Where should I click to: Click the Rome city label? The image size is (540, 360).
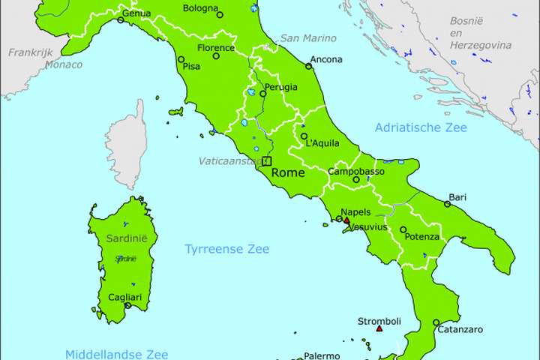pos(288,172)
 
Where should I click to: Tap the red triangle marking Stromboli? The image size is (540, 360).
pos(379,328)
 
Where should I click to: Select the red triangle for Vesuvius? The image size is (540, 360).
pos(346,220)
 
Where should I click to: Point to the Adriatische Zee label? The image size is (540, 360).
pos(420,127)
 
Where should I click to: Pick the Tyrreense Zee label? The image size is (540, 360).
pos(226,249)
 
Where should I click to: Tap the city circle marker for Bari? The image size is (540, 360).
pos(447,204)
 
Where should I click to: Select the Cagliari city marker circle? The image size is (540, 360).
pos(127,306)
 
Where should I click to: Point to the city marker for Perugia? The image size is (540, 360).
pos(263,94)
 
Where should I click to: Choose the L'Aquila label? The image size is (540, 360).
pos(322,143)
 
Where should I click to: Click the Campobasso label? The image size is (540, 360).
pos(356,172)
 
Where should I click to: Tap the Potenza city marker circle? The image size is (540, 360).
pos(403,230)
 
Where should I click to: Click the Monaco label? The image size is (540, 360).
pos(64,64)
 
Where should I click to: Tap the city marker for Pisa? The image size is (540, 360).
pos(181,59)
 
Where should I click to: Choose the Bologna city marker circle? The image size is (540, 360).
pos(220,14)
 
